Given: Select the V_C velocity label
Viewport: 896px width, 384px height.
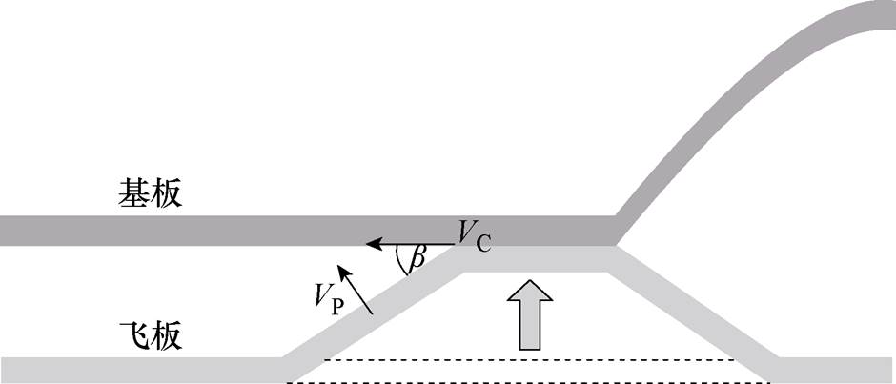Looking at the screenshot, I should point(473,235).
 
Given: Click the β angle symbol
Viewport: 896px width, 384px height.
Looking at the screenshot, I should point(417,258).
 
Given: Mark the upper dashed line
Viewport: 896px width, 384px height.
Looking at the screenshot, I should point(529,360).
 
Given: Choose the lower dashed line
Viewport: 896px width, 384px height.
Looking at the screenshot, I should point(529,381).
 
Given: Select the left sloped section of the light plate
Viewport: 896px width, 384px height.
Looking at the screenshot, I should point(372,314).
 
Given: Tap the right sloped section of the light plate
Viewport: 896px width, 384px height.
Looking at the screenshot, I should point(696,314).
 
